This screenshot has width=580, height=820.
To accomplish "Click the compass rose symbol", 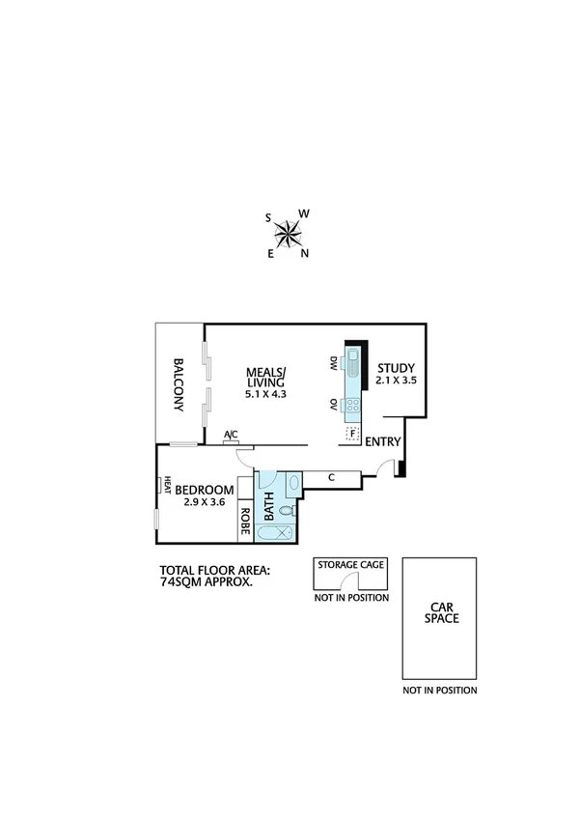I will [288, 232].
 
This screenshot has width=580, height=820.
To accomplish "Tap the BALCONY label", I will [180, 385].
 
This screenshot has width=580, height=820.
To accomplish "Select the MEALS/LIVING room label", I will [266, 377].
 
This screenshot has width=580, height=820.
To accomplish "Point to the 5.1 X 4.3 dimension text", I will [267, 394].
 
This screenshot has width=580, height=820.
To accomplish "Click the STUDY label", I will [396, 367].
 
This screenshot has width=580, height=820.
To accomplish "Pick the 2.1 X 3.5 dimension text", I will [396, 382].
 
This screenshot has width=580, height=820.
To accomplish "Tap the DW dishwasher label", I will [333, 363].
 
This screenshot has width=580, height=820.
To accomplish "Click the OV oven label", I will [333, 403].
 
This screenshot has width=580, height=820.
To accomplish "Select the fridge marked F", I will [352, 433].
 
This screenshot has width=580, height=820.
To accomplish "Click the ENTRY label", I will [383, 441].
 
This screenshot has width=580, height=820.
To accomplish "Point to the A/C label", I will [232, 436].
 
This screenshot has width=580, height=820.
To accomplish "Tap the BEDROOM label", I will [204, 489].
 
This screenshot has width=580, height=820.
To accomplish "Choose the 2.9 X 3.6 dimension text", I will [204, 502].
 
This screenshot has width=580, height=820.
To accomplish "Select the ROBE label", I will [245, 522].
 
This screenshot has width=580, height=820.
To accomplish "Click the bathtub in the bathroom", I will [276, 532].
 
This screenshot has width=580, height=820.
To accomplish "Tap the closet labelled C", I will [331, 477].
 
